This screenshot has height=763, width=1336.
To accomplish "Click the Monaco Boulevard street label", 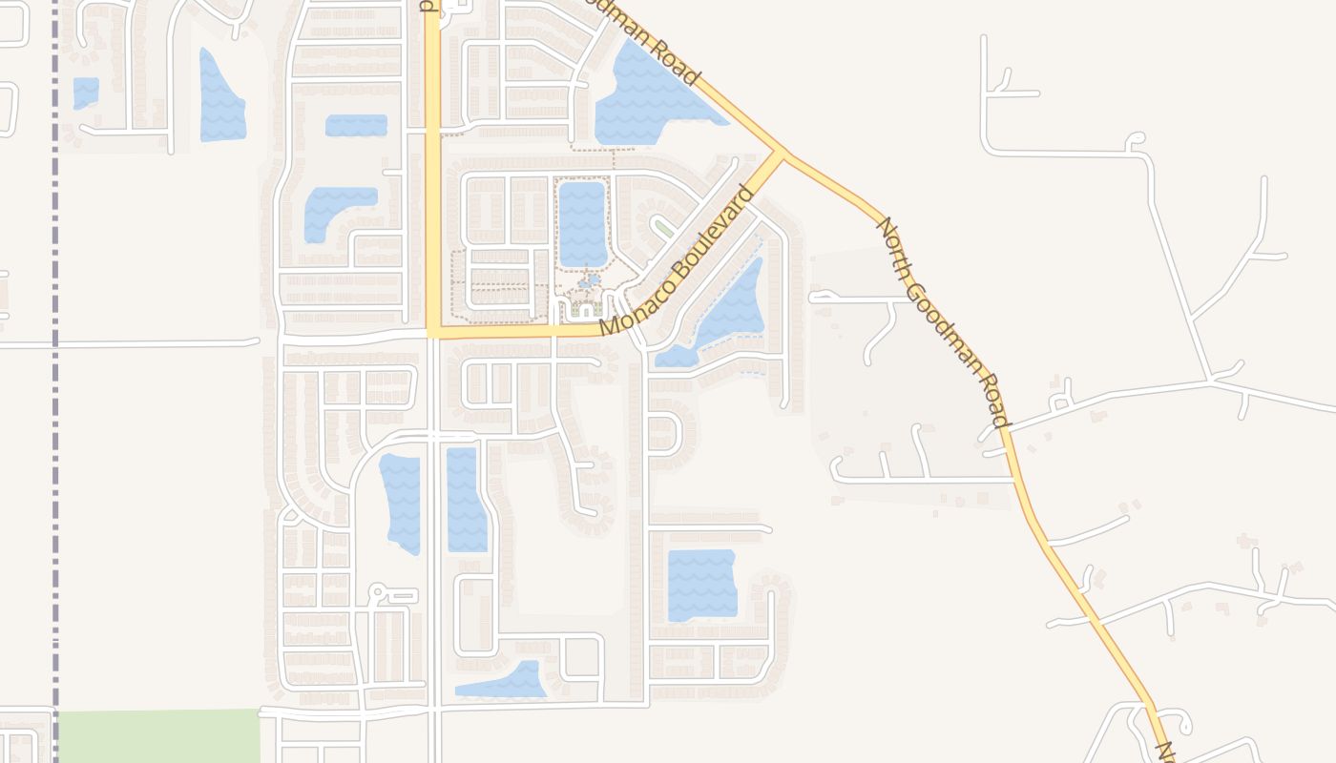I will tap(678, 260).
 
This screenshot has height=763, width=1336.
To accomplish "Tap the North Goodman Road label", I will tap(942, 322).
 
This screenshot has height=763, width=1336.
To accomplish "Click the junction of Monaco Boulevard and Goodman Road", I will tap(783, 154).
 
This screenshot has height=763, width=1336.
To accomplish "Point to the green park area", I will tap(158, 735).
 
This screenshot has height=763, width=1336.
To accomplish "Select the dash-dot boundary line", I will tap(55, 381).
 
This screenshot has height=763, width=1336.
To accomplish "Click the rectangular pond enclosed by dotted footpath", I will tap(582, 223).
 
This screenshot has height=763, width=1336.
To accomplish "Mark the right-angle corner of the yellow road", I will tap(433, 333).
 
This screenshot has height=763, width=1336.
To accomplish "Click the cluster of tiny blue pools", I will tap(588, 283).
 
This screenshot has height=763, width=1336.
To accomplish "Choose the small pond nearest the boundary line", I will tap(86, 93).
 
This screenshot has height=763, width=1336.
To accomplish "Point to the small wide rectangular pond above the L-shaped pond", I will tap(356, 125).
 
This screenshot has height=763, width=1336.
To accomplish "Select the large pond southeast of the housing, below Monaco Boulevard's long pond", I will tap(701, 585).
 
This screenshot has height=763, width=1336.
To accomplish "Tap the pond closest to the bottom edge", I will tap(503, 682).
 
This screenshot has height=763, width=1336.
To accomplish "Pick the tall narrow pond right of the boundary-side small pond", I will tap(220, 96).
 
